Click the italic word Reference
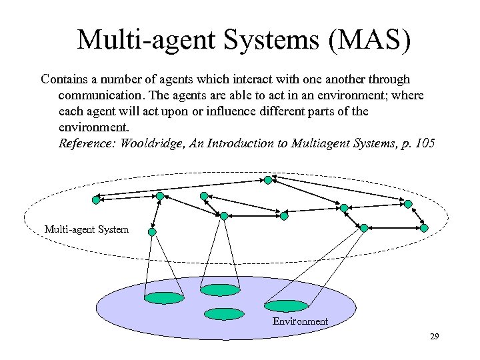[87, 143]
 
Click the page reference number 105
[424, 143]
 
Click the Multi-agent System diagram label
[87, 229]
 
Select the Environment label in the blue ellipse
[300, 321]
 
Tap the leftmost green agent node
[96, 199]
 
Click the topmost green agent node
[267, 180]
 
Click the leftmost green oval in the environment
[164, 298]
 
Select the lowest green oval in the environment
[224, 313]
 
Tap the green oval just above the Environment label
[287, 306]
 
